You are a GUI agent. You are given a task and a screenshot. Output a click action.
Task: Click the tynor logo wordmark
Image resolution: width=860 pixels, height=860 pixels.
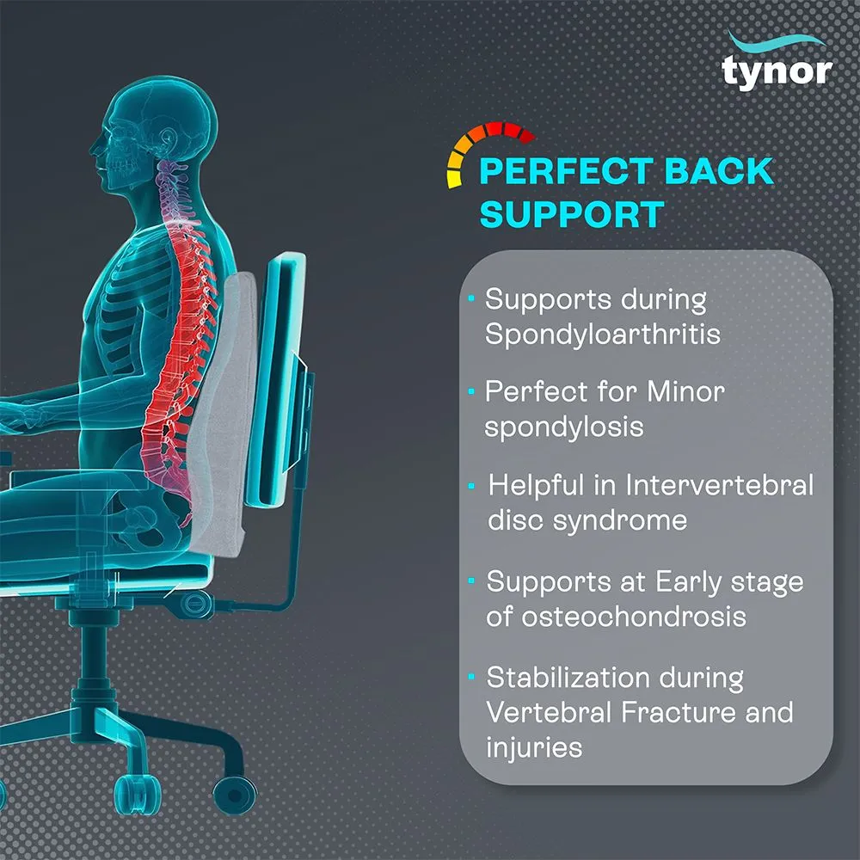tap(777, 71)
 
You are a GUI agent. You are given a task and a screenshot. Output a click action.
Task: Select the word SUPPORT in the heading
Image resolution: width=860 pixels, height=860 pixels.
tap(571, 214)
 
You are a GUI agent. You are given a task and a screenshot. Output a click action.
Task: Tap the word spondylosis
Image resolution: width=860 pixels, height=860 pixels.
tap(564, 427)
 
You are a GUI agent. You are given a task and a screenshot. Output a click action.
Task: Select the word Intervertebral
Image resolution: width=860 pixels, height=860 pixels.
tap(719, 485)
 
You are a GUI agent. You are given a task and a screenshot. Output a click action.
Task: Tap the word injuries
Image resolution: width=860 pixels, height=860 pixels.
tap(533, 746)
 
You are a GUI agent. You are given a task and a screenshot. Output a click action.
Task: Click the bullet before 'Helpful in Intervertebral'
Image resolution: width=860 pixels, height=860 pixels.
tap(471, 487)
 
